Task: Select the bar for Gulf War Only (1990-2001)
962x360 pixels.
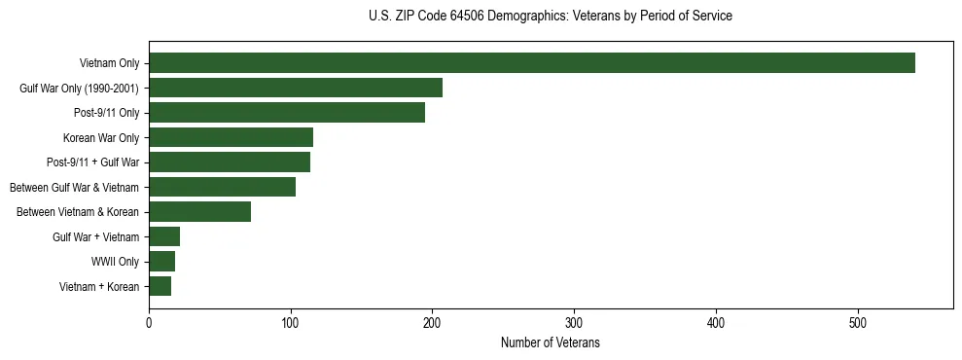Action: point(296,88)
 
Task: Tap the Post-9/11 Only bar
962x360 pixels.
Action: point(287,113)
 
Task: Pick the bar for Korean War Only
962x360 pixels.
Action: point(231,137)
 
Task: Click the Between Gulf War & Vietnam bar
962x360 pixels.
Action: point(222,187)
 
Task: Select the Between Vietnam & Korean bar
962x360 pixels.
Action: point(199,212)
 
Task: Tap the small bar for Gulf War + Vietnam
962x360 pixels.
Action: point(164,236)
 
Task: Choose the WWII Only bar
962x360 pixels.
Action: point(161,262)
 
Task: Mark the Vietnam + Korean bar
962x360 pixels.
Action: point(160,286)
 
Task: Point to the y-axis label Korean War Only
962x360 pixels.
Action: point(101,137)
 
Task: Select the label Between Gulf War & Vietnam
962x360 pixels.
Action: point(74,187)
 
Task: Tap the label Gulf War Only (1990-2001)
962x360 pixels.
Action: point(79,88)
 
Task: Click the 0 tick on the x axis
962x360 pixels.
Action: point(149,324)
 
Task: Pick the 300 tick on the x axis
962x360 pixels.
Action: point(574,324)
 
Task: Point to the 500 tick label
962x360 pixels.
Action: point(858,324)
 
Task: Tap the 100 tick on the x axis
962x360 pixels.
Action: point(291,324)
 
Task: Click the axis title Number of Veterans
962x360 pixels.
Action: point(550,343)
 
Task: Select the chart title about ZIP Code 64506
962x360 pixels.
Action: point(550,17)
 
